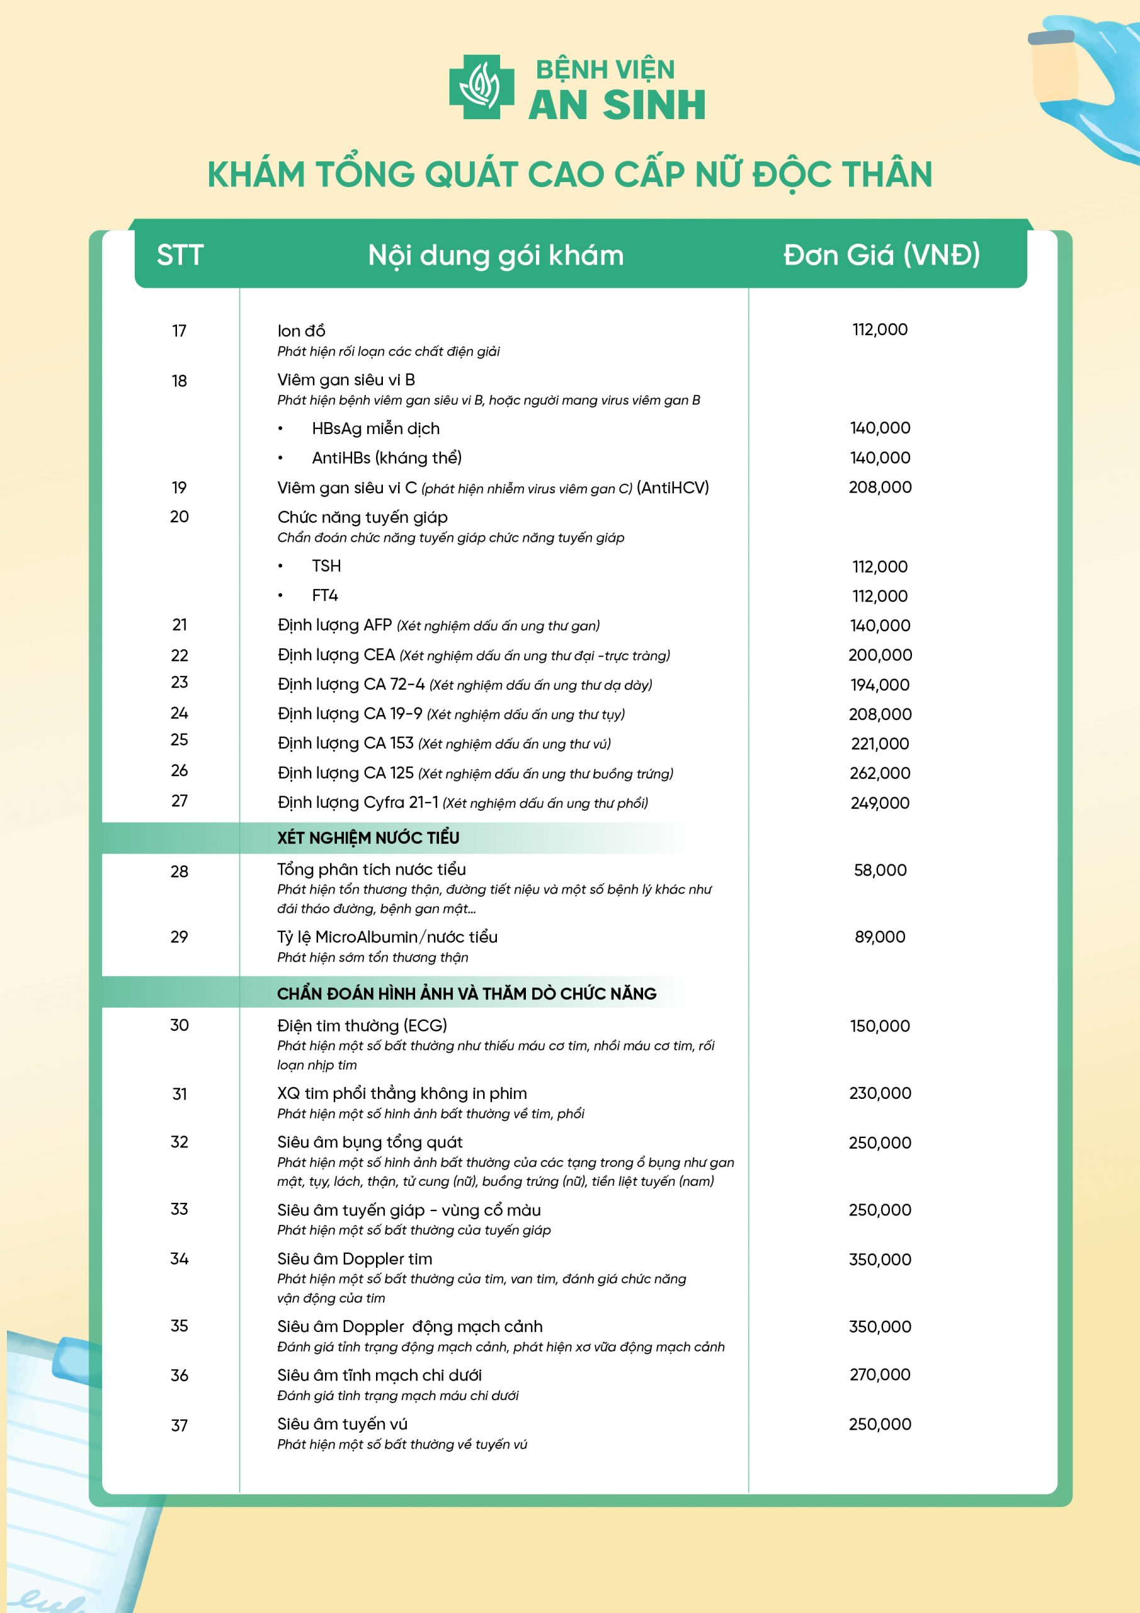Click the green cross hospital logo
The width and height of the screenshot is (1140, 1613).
(481, 86)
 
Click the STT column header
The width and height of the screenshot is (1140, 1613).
(180, 255)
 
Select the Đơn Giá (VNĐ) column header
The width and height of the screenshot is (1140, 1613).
(882, 255)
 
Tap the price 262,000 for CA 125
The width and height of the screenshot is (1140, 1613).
(879, 772)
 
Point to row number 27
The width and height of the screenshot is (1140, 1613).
(179, 800)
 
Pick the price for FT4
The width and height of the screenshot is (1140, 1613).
(879, 596)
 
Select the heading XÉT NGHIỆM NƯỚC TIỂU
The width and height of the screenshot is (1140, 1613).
(368, 837)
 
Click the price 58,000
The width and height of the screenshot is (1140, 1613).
(879, 870)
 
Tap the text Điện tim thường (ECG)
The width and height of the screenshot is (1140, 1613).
(362, 1025)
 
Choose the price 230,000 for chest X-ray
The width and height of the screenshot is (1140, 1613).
(879, 1093)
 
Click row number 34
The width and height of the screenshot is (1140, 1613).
(179, 1258)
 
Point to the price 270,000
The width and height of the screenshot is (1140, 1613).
(879, 1374)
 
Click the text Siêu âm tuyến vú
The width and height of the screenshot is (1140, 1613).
(342, 1423)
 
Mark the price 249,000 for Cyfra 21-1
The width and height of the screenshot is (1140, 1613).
(879, 802)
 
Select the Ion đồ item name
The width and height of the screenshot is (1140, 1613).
(300, 330)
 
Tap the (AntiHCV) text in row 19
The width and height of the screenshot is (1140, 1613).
(672, 488)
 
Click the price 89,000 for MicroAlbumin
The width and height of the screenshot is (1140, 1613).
(879, 936)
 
